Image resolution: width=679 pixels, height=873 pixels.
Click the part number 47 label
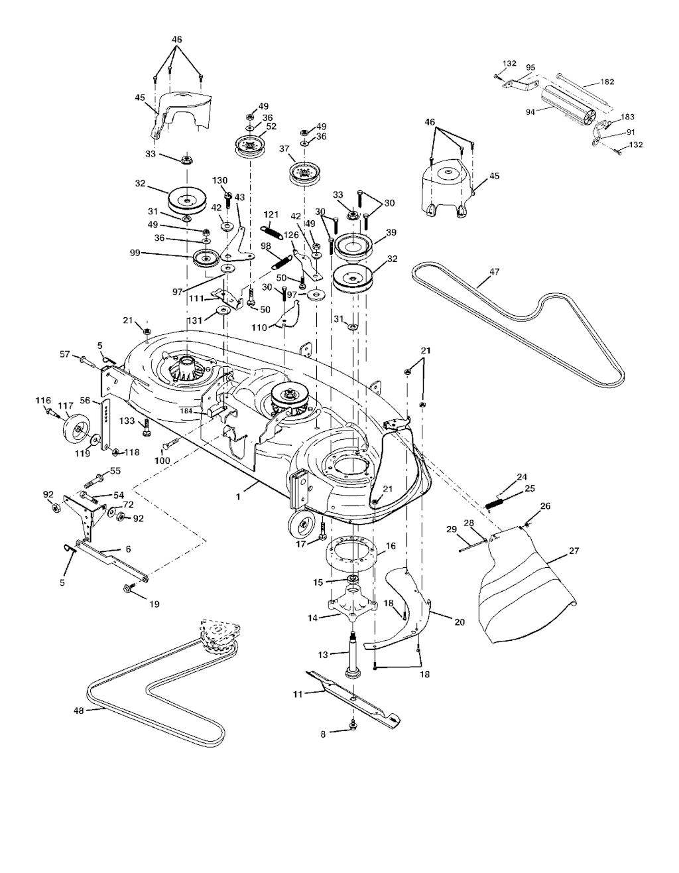coord(494,272)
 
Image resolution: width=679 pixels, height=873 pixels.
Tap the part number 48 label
coord(79,710)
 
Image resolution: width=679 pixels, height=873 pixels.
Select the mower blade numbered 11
coord(353,699)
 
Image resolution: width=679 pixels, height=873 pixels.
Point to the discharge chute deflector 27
coord(529,585)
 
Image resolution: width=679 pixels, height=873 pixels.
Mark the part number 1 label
coord(238,497)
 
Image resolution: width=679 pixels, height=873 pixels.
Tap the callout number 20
coord(460,622)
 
